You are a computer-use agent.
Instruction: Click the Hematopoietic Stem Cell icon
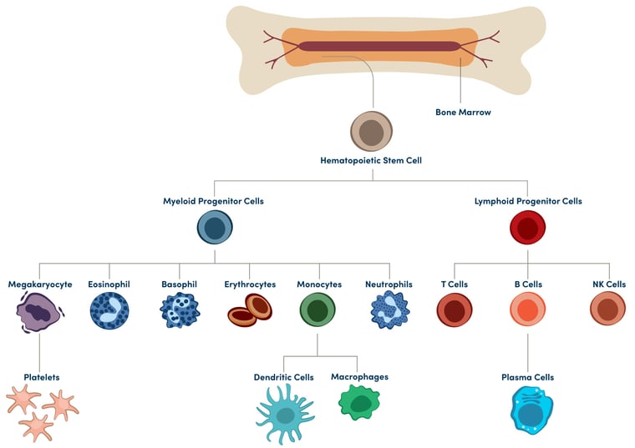pyautogui.click(x=371, y=133)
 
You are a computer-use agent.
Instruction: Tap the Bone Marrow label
pyautogui.click(x=463, y=112)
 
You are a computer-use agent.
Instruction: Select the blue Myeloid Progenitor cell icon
pyautogui.click(x=215, y=228)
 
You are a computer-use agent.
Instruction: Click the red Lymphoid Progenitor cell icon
pyautogui.click(x=527, y=228)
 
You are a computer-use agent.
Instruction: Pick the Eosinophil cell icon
pyautogui.click(x=109, y=311)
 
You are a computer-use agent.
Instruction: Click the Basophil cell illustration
pyautogui.click(x=180, y=311)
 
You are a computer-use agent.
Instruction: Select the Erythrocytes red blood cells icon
pyautogui.click(x=249, y=311)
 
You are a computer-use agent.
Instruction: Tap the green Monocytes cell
pyautogui.click(x=317, y=311)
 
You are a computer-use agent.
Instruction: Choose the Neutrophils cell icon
pyautogui.click(x=389, y=311)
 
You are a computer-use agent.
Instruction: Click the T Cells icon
pyautogui.click(x=455, y=310)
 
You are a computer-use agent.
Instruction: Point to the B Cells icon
pyautogui.click(x=527, y=310)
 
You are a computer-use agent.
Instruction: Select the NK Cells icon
pyautogui.click(x=607, y=310)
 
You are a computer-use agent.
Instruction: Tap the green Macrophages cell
pyautogui.click(x=359, y=402)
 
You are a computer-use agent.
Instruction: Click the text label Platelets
pyautogui.click(x=41, y=377)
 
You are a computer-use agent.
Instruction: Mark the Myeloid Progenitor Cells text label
pyautogui.click(x=214, y=201)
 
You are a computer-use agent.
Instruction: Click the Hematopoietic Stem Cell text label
pyautogui.click(x=370, y=159)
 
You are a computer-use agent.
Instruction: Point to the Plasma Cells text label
pyautogui.click(x=527, y=377)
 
